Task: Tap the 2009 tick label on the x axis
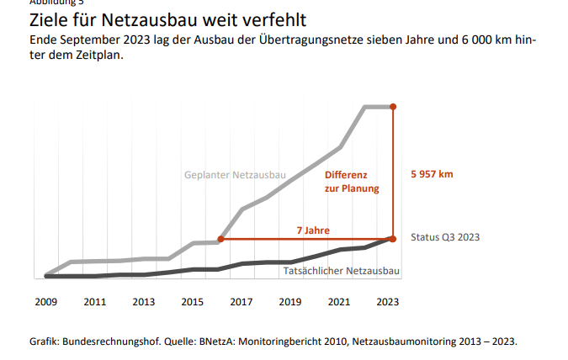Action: click(x=46, y=301)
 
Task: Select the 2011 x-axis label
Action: click(x=95, y=301)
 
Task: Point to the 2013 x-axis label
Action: click(x=144, y=301)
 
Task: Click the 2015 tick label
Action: click(x=193, y=301)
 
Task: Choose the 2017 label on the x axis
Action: click(x=242, y=301)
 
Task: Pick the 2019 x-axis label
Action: click(x=290, y=301)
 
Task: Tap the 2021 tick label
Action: click(x=339, y=301)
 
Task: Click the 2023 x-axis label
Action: click(x=388, y=301)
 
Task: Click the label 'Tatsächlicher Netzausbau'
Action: click(x=341, y=271)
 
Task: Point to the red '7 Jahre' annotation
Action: click(x=312, y=230)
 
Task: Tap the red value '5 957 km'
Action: click(x=432, y=174)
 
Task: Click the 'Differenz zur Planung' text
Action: click(x=352, y=182)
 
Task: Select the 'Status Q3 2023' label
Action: click(x=445, y=237)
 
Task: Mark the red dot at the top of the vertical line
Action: click(x=393, y=107)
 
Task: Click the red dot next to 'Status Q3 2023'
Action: click(x=392, y=239)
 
